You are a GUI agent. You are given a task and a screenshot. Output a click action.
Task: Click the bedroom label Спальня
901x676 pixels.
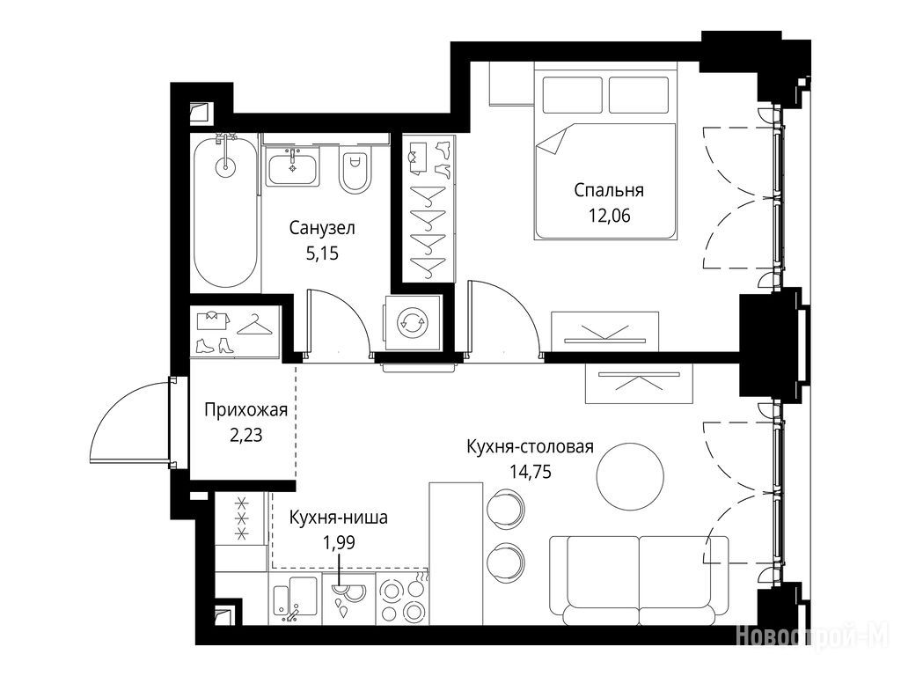[x=609, y=190]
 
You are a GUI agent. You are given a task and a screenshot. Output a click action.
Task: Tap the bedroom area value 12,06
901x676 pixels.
[x=609, y=216]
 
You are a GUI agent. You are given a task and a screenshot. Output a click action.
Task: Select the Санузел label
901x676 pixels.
[x=322, y=228]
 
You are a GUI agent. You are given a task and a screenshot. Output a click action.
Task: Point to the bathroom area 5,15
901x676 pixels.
[x=322, y=253]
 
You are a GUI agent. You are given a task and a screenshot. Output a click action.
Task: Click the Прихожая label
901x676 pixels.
[x=246, y=410]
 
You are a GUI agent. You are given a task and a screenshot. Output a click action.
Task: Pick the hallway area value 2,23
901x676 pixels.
[x=246, y=435]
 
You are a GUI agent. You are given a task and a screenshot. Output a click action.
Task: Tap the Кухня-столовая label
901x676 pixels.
[x=530, y=446]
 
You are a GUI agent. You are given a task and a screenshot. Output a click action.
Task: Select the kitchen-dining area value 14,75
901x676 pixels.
[x=530, y=472]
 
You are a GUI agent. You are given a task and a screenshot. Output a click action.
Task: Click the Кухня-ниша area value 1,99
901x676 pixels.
[x=339, y=542]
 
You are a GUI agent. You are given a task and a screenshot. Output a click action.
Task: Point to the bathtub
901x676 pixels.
[x=224, y=211]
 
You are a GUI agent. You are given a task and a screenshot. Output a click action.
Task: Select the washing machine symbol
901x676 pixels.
[x=413, y=322]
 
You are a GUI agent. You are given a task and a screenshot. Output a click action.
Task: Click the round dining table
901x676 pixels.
[x=630, y=476]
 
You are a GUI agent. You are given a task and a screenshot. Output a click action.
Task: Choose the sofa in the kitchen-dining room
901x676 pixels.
[x=639, y=581]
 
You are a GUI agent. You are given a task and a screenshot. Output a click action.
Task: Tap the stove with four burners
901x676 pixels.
[x=403, y=599]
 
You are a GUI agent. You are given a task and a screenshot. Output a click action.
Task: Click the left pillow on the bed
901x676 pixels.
[x=572, y=95]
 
